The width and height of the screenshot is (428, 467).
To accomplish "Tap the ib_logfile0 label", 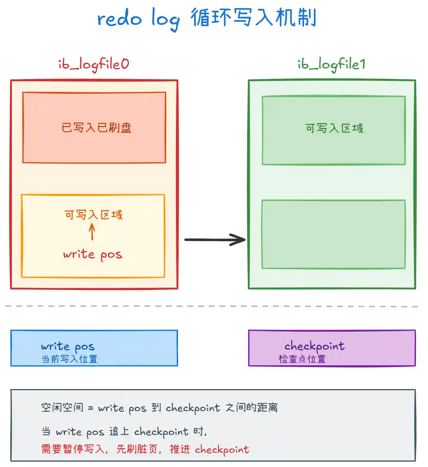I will coord(94,64).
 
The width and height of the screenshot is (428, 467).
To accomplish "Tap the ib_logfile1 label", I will coord(332,64).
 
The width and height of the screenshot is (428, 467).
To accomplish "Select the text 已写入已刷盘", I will coord(96,128).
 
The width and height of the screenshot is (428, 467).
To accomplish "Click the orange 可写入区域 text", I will coord(93,214).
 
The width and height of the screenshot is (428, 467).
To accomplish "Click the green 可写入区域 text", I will coord(334,128).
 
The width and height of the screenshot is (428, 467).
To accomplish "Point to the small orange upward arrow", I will coord(92,232).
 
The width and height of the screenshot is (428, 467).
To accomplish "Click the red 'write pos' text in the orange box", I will coord(93,255).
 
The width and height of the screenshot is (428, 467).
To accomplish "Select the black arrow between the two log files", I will coord(215,239).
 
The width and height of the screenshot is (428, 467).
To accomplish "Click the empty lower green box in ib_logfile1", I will coord(333,234).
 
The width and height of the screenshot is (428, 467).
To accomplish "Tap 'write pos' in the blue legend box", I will coord(68,347).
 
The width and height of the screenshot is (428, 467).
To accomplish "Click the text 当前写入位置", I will coord(69,359).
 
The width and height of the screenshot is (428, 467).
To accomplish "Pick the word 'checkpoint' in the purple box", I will coord(314,346).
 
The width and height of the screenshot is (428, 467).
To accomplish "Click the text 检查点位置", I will coord(302,359).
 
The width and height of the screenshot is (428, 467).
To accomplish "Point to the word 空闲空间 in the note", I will coord(62,407).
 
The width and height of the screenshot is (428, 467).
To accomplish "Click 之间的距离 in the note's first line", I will coord(251,407).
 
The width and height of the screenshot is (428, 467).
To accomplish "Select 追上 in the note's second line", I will coord(119,431).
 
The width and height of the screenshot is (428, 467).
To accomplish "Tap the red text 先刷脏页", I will coord(137,449).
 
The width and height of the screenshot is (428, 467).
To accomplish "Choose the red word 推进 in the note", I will coord(180,449).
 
